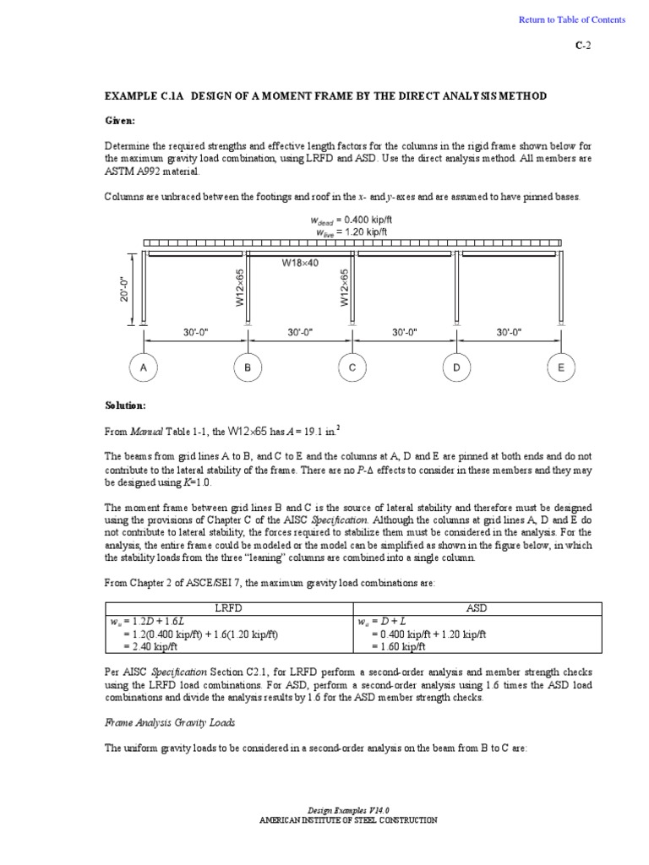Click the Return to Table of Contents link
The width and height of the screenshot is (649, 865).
tap(572, 19)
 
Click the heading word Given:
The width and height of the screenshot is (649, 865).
tap(123, 120)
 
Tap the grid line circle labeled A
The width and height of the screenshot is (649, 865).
tap(144, 367)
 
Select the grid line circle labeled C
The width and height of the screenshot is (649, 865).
tap(352, 367)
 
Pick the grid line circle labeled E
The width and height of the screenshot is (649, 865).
tap(561, 367)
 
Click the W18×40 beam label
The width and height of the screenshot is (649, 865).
tap(299, 263)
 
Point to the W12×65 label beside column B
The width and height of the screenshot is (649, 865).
tap(239, 289)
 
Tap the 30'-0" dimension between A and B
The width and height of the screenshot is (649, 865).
tap(196, 333)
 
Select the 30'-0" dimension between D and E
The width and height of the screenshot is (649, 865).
tap(509, 333)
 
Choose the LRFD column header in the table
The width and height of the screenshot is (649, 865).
tap(230, 608)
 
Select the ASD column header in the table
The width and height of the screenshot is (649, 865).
tap(477, 608)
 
